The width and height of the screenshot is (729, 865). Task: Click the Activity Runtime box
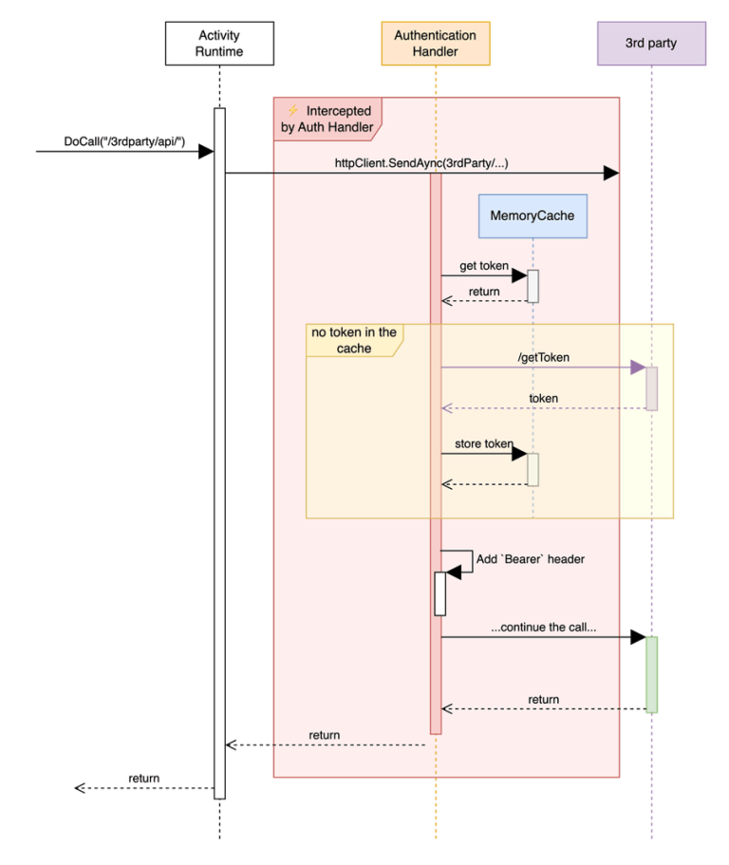tap(219, 43)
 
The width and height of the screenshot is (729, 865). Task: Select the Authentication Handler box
tap(436, 43)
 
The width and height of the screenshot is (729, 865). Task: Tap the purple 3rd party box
tap(651, 43)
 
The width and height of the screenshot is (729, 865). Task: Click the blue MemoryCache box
tap(532, 216)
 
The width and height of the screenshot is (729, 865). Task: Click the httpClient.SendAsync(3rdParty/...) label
tap(421, 162)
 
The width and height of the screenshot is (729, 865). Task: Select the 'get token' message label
tap(484, 266)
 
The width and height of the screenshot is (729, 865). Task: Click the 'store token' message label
tap(483, 443)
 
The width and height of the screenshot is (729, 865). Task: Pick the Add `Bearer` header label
tap(531, 559)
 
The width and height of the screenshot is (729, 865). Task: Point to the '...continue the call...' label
tap(544, 628)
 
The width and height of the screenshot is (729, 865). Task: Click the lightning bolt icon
tap(292, 111)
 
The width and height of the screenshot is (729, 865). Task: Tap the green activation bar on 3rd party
tap(651, 674)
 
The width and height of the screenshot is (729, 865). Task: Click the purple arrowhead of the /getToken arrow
tap(637, 367)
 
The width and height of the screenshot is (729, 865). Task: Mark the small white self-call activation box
tap(439, 593)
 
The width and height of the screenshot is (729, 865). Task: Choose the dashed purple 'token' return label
tap(544, 399)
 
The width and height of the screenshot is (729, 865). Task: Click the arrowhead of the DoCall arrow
tap(206, 151)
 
